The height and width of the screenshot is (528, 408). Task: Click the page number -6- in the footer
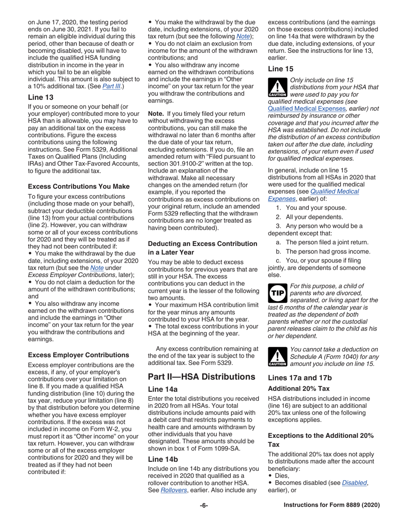204,517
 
